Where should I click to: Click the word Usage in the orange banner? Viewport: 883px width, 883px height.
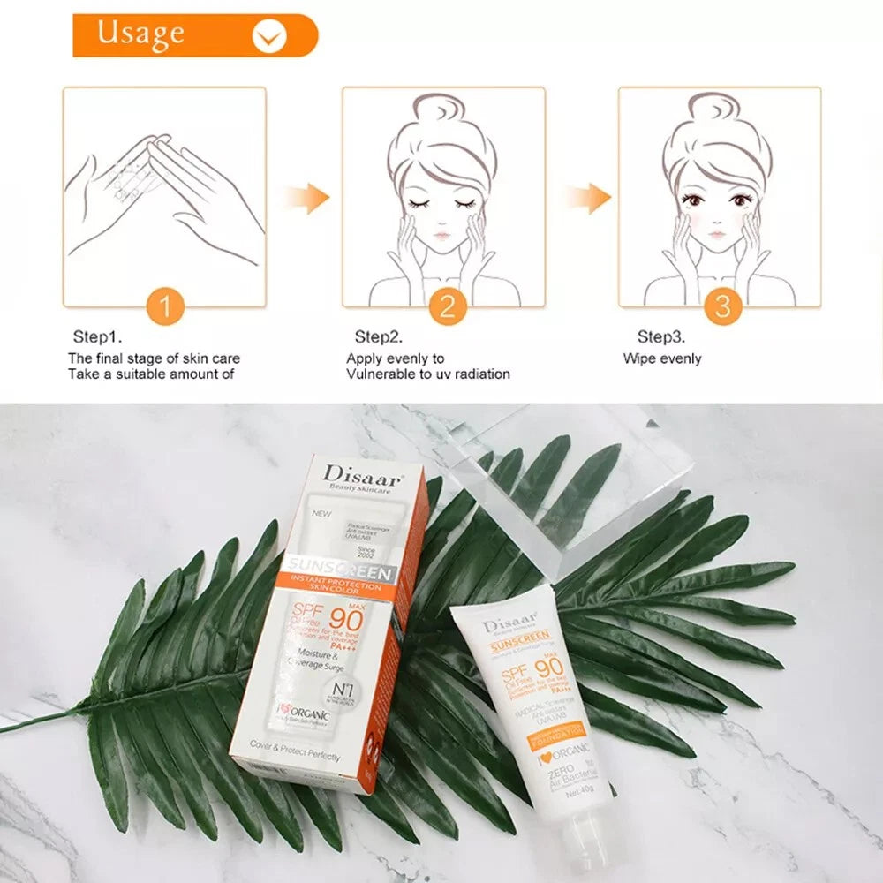141,34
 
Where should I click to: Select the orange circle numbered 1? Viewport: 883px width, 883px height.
163,307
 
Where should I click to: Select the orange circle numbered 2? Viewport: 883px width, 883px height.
447,307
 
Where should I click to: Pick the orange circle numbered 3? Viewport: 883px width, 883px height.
722,307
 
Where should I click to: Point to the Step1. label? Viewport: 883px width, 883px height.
97,337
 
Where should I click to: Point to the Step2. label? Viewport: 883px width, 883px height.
379,337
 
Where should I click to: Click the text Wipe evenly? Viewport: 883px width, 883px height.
662,358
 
